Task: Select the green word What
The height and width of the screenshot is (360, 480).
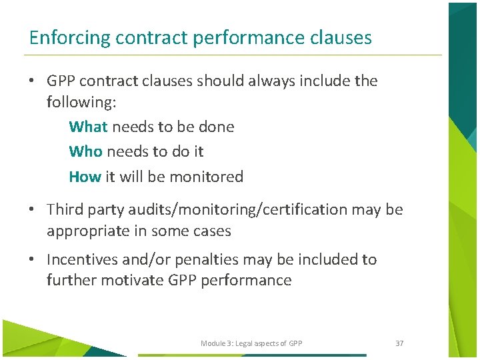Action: [88, 127]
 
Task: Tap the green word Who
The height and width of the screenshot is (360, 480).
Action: [85, 151]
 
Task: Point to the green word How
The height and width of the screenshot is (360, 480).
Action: [85, 177]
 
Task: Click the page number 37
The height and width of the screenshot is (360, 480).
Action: [399, 343]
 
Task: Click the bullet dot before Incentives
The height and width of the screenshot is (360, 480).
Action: [31, 259]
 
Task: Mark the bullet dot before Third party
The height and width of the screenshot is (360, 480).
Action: [31, 209]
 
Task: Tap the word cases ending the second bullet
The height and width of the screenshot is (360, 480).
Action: [211, 231]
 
